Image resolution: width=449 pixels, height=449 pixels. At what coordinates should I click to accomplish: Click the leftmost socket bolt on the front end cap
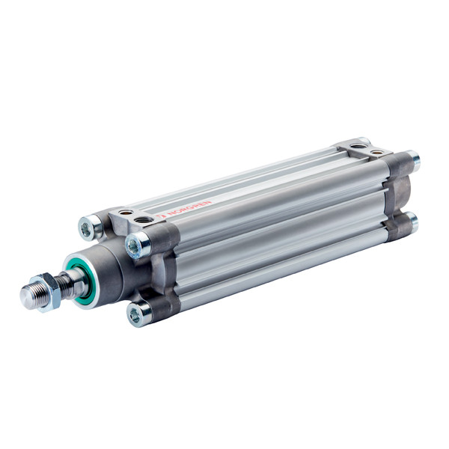90,227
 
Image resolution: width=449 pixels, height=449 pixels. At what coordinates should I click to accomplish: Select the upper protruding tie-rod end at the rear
412,160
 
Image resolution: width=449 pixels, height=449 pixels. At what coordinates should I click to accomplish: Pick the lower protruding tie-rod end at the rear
411,222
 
